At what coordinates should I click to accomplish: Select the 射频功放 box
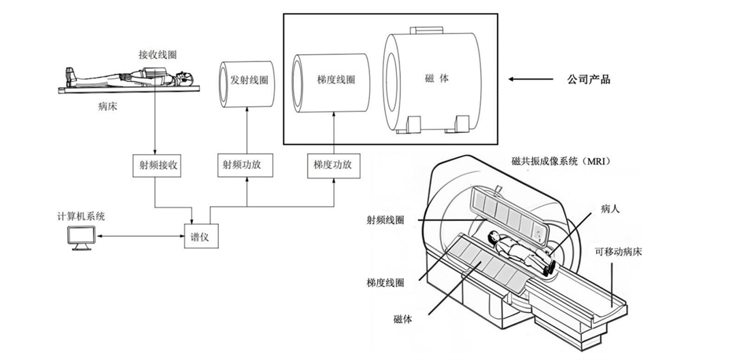[x=246, y=165]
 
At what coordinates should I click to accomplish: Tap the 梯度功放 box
[x=334, y=165]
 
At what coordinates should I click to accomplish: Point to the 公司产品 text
[x=589, y=79]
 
